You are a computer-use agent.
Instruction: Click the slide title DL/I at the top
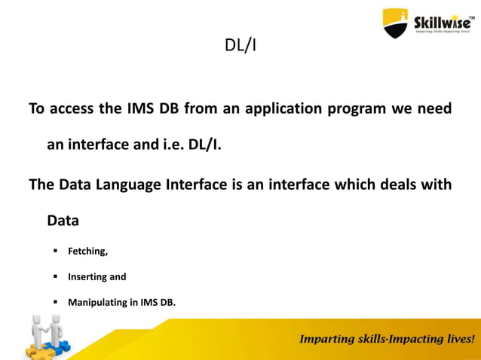click(240, 46)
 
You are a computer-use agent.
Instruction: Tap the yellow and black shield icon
click(395, 23)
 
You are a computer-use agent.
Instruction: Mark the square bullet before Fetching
click(55, 251)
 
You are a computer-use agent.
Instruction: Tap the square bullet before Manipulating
click(55, 303)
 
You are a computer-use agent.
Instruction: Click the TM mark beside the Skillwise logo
click(473, 13)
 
